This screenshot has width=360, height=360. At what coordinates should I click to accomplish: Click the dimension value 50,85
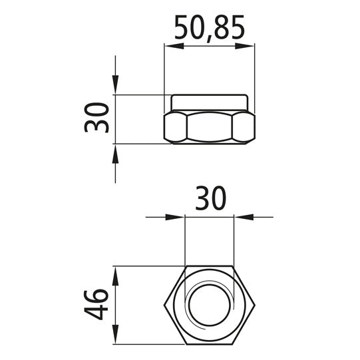coord(210,28)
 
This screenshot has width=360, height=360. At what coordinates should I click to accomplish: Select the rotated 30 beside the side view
coord(98,118)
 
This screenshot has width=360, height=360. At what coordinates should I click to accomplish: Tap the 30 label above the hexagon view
coord(210,199)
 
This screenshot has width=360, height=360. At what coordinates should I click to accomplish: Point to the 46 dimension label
coord(98,305)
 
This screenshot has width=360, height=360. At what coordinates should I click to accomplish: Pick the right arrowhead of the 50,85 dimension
coord(248,46)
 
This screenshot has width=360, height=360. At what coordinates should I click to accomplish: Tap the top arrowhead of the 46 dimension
coord(116,273)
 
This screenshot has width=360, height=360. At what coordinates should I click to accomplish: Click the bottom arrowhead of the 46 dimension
coord(116,337)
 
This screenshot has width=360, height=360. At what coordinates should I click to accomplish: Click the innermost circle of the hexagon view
coord(210,305)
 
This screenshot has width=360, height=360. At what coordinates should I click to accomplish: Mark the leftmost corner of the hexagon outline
coord(164,305)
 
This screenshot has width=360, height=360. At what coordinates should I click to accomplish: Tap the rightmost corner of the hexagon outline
coord(256,305)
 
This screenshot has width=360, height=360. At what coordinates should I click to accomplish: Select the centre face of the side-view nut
coord(210,126)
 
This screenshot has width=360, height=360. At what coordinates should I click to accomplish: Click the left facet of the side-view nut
coord(175,126)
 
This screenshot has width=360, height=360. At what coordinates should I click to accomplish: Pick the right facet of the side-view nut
coord(244,126)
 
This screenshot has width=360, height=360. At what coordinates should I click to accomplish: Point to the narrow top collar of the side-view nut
coord(210,102)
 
